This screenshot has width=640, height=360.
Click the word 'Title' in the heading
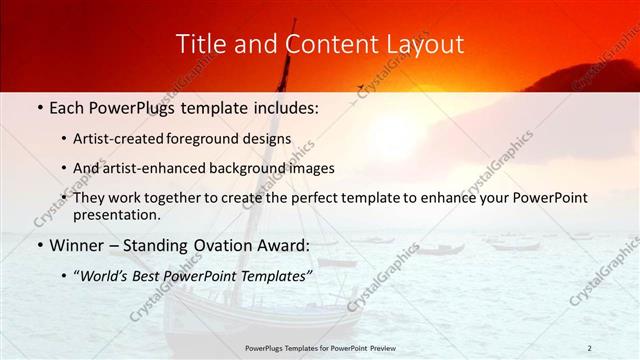[x=198, y=44]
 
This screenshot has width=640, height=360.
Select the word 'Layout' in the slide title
[x=427, y=44]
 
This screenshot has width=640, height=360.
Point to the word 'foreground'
[x=218, y=140]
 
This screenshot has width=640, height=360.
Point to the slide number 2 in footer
[x=589, y=347]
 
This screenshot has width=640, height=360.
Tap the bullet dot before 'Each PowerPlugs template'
[x=39, y=108]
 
